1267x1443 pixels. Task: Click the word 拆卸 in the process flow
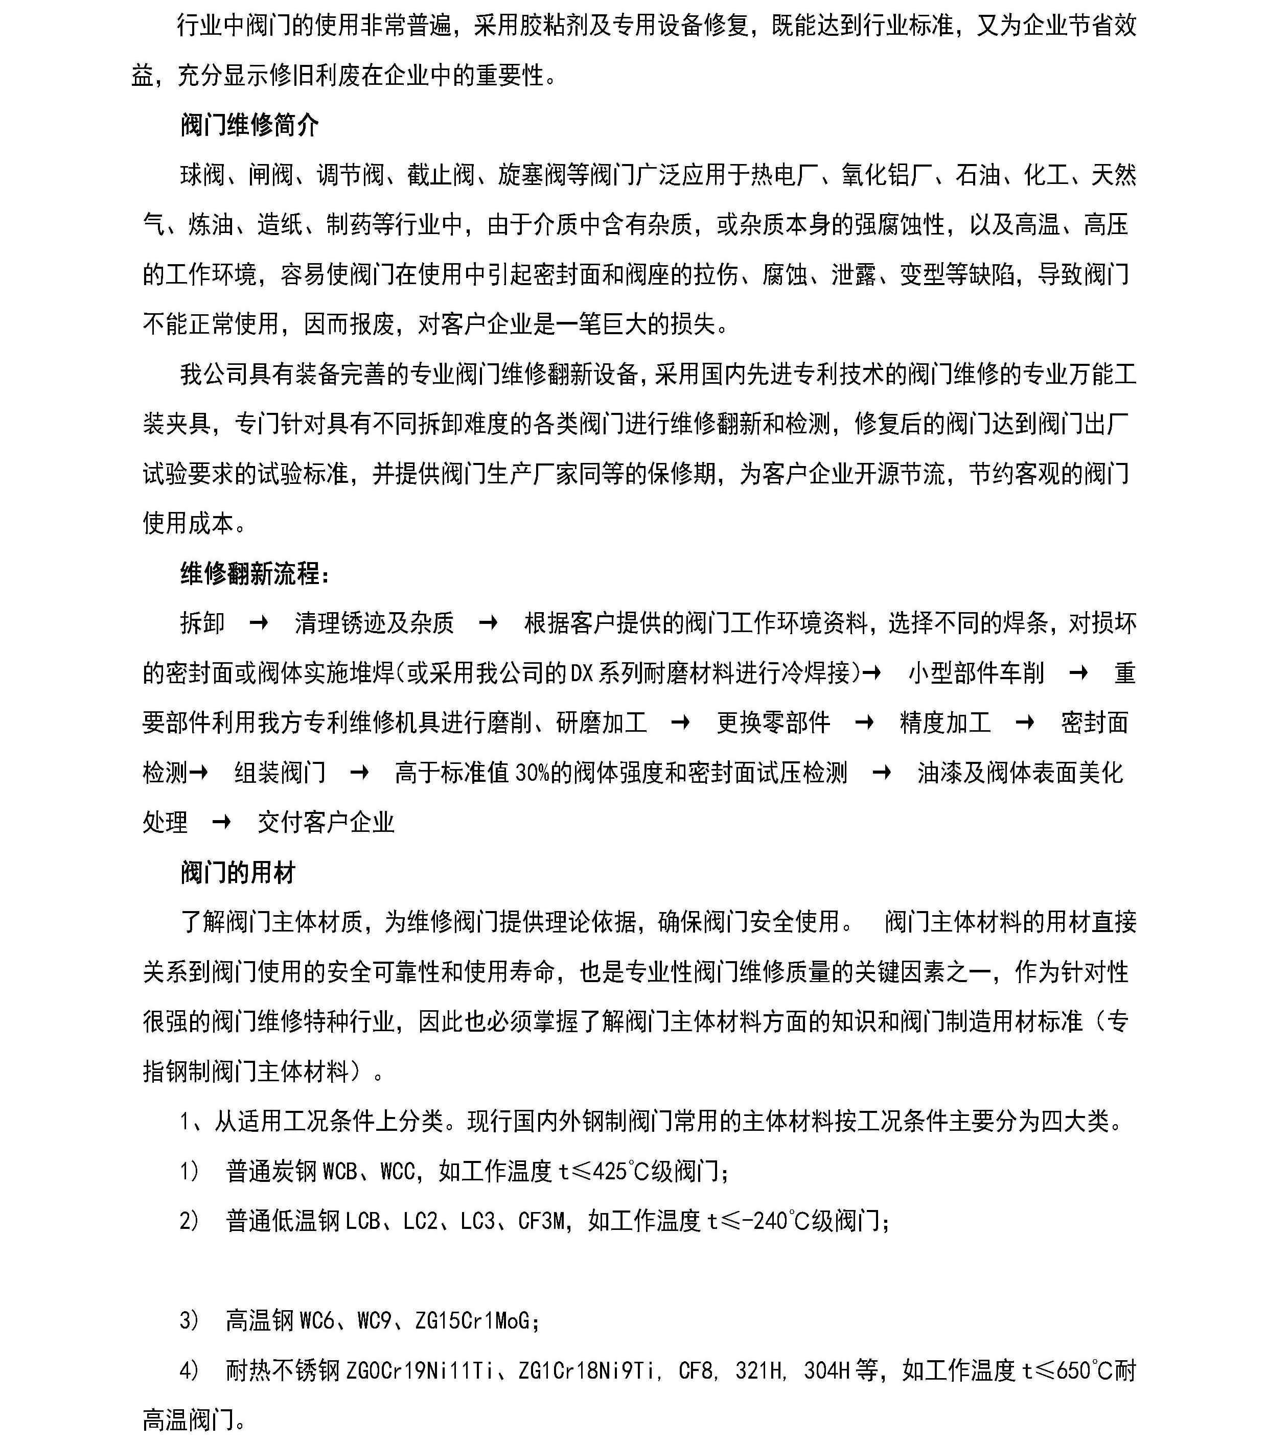(x=202, y=623)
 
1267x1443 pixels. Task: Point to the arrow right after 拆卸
(x=259, y=623)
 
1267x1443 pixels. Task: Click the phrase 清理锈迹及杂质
(x=374, y=623)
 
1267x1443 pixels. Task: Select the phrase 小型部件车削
(x=976, y=673)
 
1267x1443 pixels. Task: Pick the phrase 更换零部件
(x=773, y=722)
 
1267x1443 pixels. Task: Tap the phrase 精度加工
(x=945, y=722)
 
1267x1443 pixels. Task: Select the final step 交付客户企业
(x=326, y=822)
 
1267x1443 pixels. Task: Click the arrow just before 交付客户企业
(x=221, y=822)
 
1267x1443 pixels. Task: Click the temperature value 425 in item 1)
(x=610, y=1172)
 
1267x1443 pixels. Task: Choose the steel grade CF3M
(x=542, y=1221)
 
